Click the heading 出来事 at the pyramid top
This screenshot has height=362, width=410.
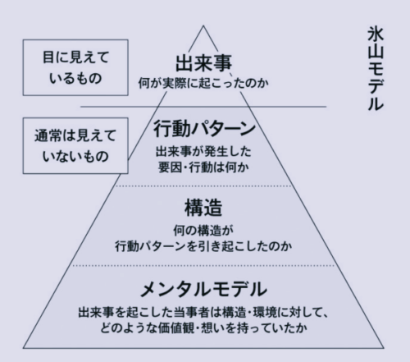coord(203,63)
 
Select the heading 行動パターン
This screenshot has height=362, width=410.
coord(204,129)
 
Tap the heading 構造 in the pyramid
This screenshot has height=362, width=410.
coord(203,208)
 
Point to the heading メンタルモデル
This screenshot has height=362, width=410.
coord(203,289)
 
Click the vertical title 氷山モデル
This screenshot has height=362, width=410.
coord(376,69)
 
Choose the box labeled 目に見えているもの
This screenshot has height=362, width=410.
coord(75,67)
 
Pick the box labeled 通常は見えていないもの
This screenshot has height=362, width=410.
coord(75,145)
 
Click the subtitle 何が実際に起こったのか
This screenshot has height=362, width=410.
coord(203,83)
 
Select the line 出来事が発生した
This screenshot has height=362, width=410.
coord(203,152)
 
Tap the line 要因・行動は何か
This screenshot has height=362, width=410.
coord(203,167)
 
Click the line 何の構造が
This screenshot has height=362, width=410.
coord(203,231)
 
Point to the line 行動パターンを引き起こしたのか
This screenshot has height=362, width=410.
coord(203,246)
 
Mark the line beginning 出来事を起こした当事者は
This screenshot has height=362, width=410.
coord(203,312)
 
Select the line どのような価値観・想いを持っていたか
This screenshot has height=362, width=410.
coord(203,328)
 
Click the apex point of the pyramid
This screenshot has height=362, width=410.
coord(203,25)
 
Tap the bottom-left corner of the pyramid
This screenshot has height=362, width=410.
coord(23,348)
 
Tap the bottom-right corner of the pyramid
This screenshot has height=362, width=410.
coord(384,348)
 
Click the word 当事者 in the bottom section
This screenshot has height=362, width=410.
coord(191,312)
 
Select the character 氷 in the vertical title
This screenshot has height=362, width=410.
coord(376,34)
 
